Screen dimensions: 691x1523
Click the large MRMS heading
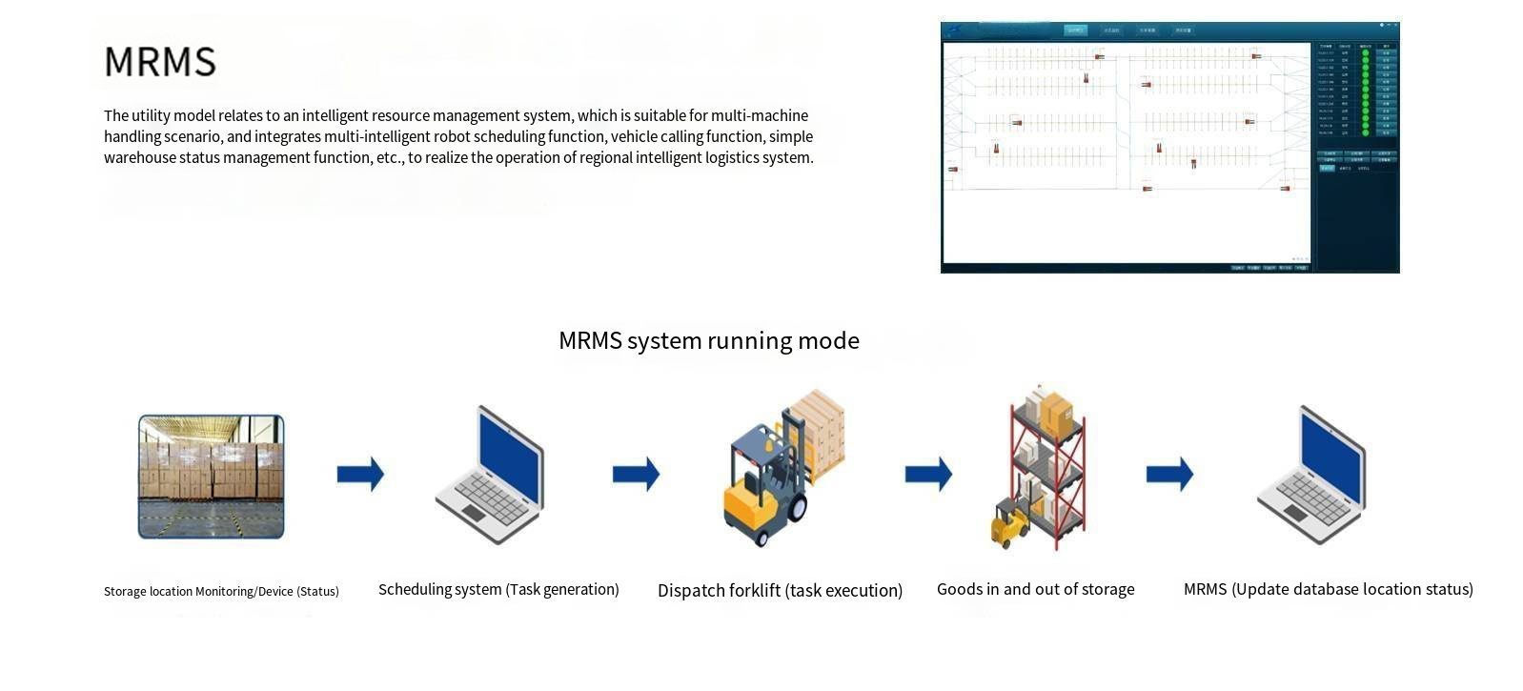tap(160, 62)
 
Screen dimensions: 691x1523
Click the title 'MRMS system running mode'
tap(708, 340)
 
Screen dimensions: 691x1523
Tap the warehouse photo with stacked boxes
tap(211, 477)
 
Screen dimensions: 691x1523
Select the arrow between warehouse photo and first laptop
tap(360, 474)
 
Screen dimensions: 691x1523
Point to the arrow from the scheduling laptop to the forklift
tap(636, 474)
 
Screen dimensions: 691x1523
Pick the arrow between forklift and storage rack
tap(928, 474)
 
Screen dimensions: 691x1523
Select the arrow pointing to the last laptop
tap(1169, 474)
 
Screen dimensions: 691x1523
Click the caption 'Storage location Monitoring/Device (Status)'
tap(221, 591)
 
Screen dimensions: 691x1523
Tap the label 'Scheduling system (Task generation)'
tap(498, 589)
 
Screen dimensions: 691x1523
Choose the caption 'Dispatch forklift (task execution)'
tap(780, 590)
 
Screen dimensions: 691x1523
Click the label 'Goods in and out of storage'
tap(1035, 589)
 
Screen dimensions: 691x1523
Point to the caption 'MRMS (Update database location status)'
tap(1328, 589)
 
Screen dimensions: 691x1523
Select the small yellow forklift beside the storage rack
tap(1008, 523)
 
